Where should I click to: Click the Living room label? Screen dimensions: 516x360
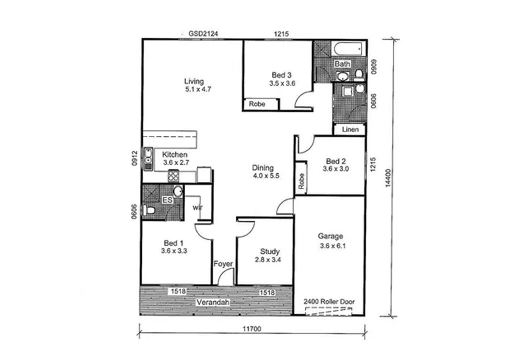[194, 81]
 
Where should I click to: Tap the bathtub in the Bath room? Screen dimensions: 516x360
[348, 48]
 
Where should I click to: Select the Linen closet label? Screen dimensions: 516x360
[350, 129]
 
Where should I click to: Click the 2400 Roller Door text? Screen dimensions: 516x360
[329, 302]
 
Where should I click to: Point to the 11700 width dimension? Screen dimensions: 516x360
[252, 329]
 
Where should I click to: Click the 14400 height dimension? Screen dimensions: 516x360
[388, 178]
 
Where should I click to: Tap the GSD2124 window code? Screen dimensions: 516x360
[203, 34]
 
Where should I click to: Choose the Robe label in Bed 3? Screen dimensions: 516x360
[257, 104]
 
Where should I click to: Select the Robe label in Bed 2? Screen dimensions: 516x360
[301, 181]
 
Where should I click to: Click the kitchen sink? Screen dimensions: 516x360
[148, 159]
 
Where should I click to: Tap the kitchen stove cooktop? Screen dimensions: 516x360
[173, 176]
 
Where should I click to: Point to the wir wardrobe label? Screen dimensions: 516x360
[197, 208]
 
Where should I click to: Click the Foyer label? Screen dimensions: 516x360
[223, 263]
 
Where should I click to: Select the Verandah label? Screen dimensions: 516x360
[213, 302]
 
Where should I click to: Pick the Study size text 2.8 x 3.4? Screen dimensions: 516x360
[268, 260]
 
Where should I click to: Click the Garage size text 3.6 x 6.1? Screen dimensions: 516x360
[333, 246]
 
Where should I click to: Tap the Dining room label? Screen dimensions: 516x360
[263, 168]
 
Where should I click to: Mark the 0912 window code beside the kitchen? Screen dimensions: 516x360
[134, 158]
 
